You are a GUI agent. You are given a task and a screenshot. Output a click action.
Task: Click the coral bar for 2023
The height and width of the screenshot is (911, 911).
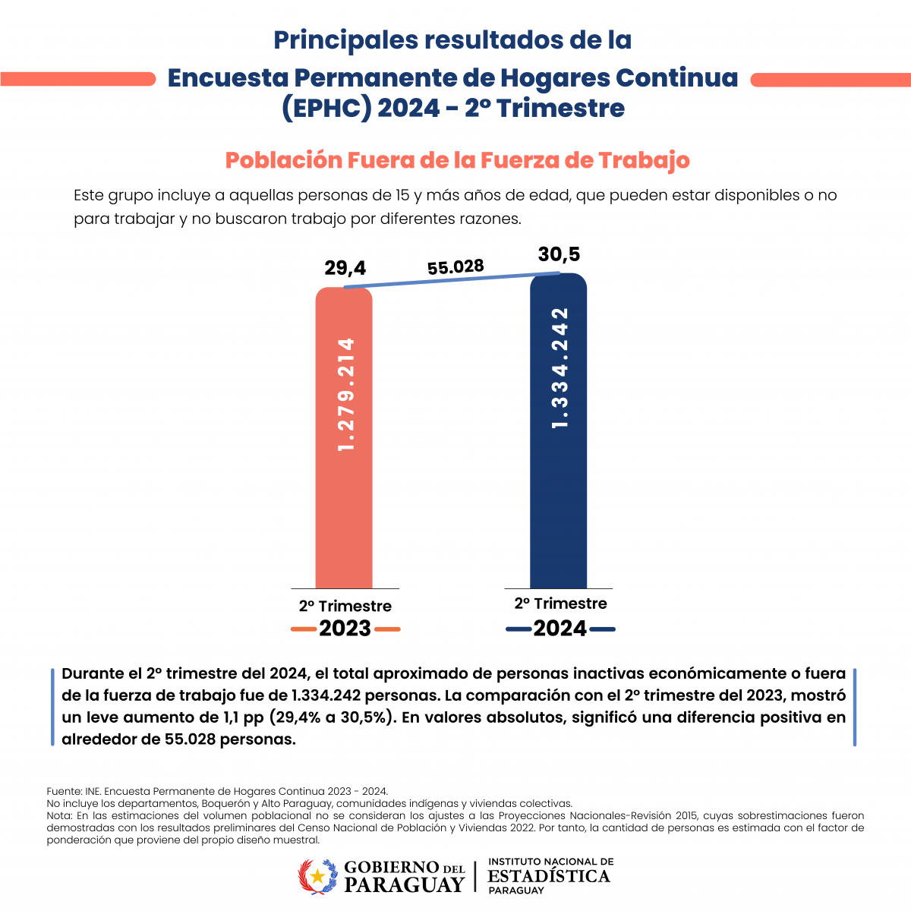[344, 438]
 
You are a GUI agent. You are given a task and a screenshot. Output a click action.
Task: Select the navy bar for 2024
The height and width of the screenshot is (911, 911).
[558, 430]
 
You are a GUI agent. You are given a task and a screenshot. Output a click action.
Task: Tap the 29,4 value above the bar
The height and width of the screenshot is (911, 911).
[345, 268]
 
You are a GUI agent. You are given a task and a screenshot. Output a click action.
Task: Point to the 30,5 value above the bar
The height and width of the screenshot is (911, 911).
[559, 254]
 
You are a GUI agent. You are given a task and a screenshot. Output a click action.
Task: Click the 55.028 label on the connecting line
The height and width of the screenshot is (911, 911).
[455, 267]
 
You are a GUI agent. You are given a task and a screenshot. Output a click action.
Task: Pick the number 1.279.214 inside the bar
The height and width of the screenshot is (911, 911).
[345, 394]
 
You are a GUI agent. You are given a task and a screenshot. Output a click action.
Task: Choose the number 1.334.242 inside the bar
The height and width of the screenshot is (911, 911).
[560, 368]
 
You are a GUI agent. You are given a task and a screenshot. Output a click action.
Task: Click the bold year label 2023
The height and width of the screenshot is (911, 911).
[345, 629]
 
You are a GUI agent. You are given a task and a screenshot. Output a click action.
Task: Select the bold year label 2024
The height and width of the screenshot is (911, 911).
[560, 629]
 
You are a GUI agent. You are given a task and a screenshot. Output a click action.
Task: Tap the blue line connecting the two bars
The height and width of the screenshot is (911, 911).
[452, 280]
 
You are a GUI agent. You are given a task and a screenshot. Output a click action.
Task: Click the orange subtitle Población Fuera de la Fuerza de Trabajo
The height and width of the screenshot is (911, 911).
[457, 160]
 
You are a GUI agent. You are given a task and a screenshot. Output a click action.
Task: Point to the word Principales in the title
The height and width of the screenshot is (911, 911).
[345, 41]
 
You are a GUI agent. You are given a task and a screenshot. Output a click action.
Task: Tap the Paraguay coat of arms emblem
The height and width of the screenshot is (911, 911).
[317, 877]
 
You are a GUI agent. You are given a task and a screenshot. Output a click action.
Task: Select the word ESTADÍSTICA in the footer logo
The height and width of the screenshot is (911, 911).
[549, 876]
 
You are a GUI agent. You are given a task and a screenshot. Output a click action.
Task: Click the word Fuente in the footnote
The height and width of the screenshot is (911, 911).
[64, 791]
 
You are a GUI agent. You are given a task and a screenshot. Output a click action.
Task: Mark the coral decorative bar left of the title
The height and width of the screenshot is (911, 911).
[78, 79]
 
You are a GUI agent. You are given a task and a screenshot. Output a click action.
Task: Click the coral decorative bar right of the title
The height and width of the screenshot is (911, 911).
[831, 80]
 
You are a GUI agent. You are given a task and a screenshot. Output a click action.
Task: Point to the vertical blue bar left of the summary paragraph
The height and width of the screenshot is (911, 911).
[52, 708]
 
